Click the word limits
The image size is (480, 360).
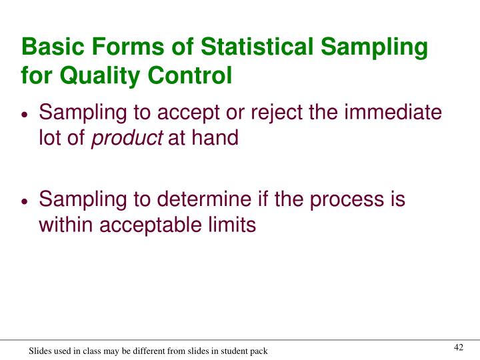pyautogui.click(x=233, y=225)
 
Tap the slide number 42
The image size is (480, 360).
pyautogui.click(x=458, y=347)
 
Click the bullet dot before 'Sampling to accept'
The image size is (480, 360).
pyautogui.click(x=25, y=115)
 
